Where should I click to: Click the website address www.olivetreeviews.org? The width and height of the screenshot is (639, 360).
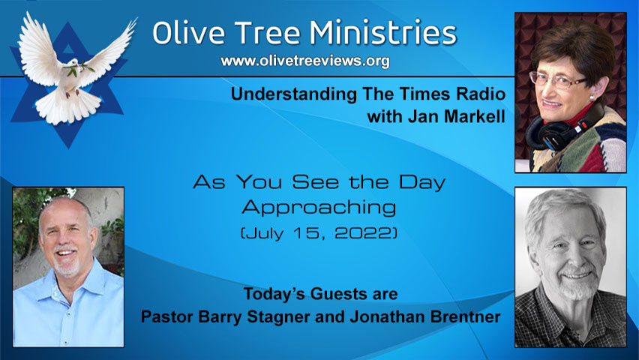(305, 61)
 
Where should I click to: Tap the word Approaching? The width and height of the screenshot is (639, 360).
(318, 207)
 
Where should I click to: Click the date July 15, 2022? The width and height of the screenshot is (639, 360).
(318, 233)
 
